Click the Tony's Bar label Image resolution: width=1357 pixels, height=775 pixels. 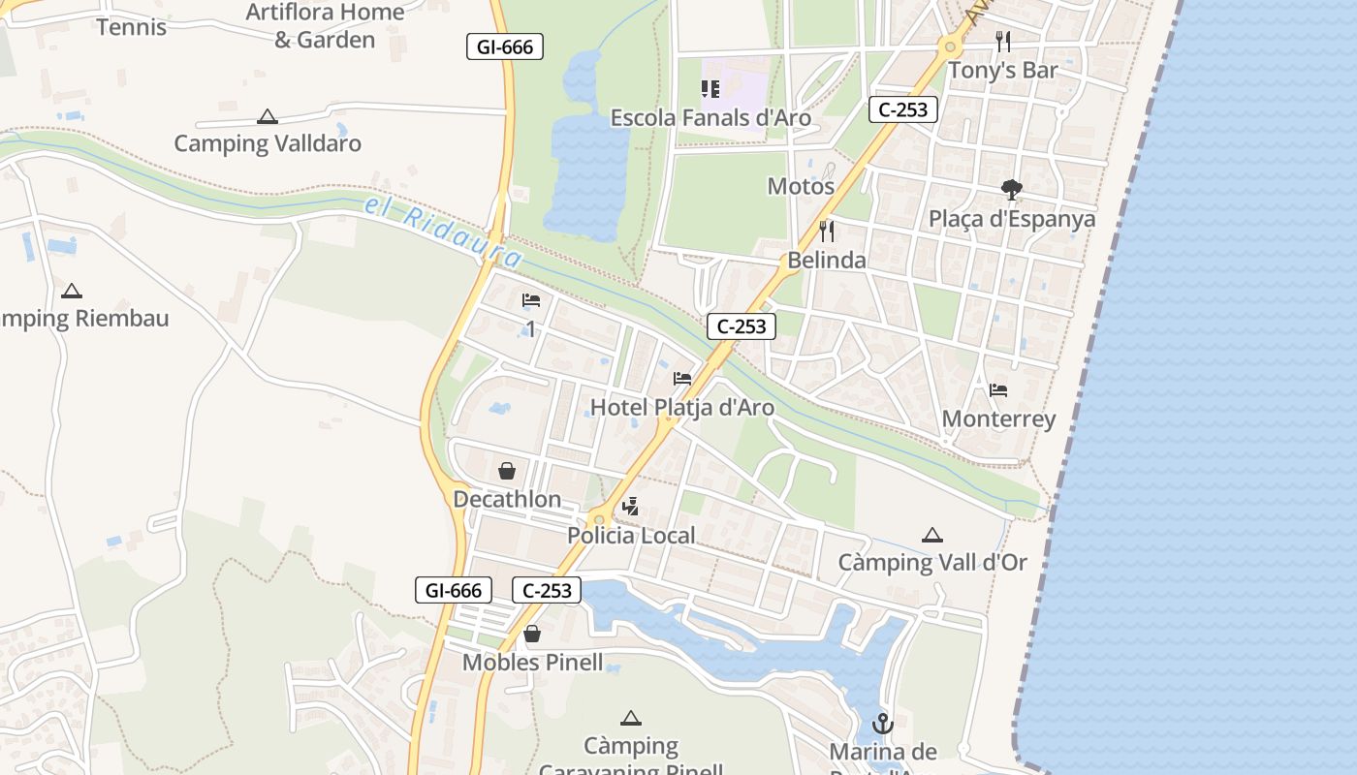point(1002,70)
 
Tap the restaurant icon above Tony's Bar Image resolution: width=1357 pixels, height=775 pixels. point(1003,42)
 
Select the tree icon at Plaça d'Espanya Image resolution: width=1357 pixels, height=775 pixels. point(1012,189)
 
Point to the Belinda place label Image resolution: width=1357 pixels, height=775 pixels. point(827,260)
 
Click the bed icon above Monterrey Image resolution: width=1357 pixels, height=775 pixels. point(998,390)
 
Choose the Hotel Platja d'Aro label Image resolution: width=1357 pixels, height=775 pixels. point(682,408)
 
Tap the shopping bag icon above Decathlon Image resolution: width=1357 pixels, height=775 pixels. point(506,472)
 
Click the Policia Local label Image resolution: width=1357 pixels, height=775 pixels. point(631,536)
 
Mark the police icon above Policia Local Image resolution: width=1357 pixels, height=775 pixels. point(631,506)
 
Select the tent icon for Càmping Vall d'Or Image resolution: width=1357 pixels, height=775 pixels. point(932,535)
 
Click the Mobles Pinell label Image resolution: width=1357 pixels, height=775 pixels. point(532,663)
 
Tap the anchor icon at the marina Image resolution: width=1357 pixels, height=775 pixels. point(882,723)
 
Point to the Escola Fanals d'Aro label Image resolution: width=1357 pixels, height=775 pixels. point(710,118)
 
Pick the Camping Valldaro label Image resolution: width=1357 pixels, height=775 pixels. point(268,143)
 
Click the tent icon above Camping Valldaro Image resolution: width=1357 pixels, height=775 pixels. point(268,117)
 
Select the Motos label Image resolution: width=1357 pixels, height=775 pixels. point(801,186)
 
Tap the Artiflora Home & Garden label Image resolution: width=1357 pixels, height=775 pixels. point(325,26)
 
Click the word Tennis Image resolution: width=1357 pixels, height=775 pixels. point(132,27)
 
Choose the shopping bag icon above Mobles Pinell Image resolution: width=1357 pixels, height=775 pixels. point(532,635)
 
